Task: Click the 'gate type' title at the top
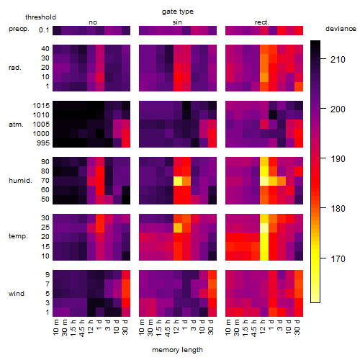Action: pyautogui.click(x=178, y=12)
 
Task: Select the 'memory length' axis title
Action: pyautogui.click(x=177, y=350)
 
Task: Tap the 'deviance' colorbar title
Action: pyautogui.click(x=341, y=29)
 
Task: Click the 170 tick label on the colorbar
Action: pyautogui.click(x=338, y=258)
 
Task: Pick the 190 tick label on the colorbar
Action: pyautogui.click(x=338, y=158)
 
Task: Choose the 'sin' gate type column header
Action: pyautogui.click(x=177, y=22)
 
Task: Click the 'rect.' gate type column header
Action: pyautogui.click(x=261, y=22)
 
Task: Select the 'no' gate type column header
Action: pyautogui.click(x=93, y=22)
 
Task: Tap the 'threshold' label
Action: pyautogui.click(x=40, y=17)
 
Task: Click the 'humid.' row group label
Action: pyautogui.click(x=20, y=181)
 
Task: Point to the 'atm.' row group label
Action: pyautogui.click(x=16, y=125)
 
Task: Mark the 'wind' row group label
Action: pyautogui.click(x=17, y=293)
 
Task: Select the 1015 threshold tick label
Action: pyautogui.click(x=41, y=106)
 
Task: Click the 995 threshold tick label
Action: pyautogui.click(x=43, y=143)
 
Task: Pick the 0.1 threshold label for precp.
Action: pyautogui.click(x=44, y=30)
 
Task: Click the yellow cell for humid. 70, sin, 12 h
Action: pyautogui.click(x=178, y=181)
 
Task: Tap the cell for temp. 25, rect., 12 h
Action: pyautogui.click(x=264, y=228)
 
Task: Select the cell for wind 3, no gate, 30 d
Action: pyautogui.click(x=126, y=302)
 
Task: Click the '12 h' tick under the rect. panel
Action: pyautogui.click(x=263, y=327)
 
